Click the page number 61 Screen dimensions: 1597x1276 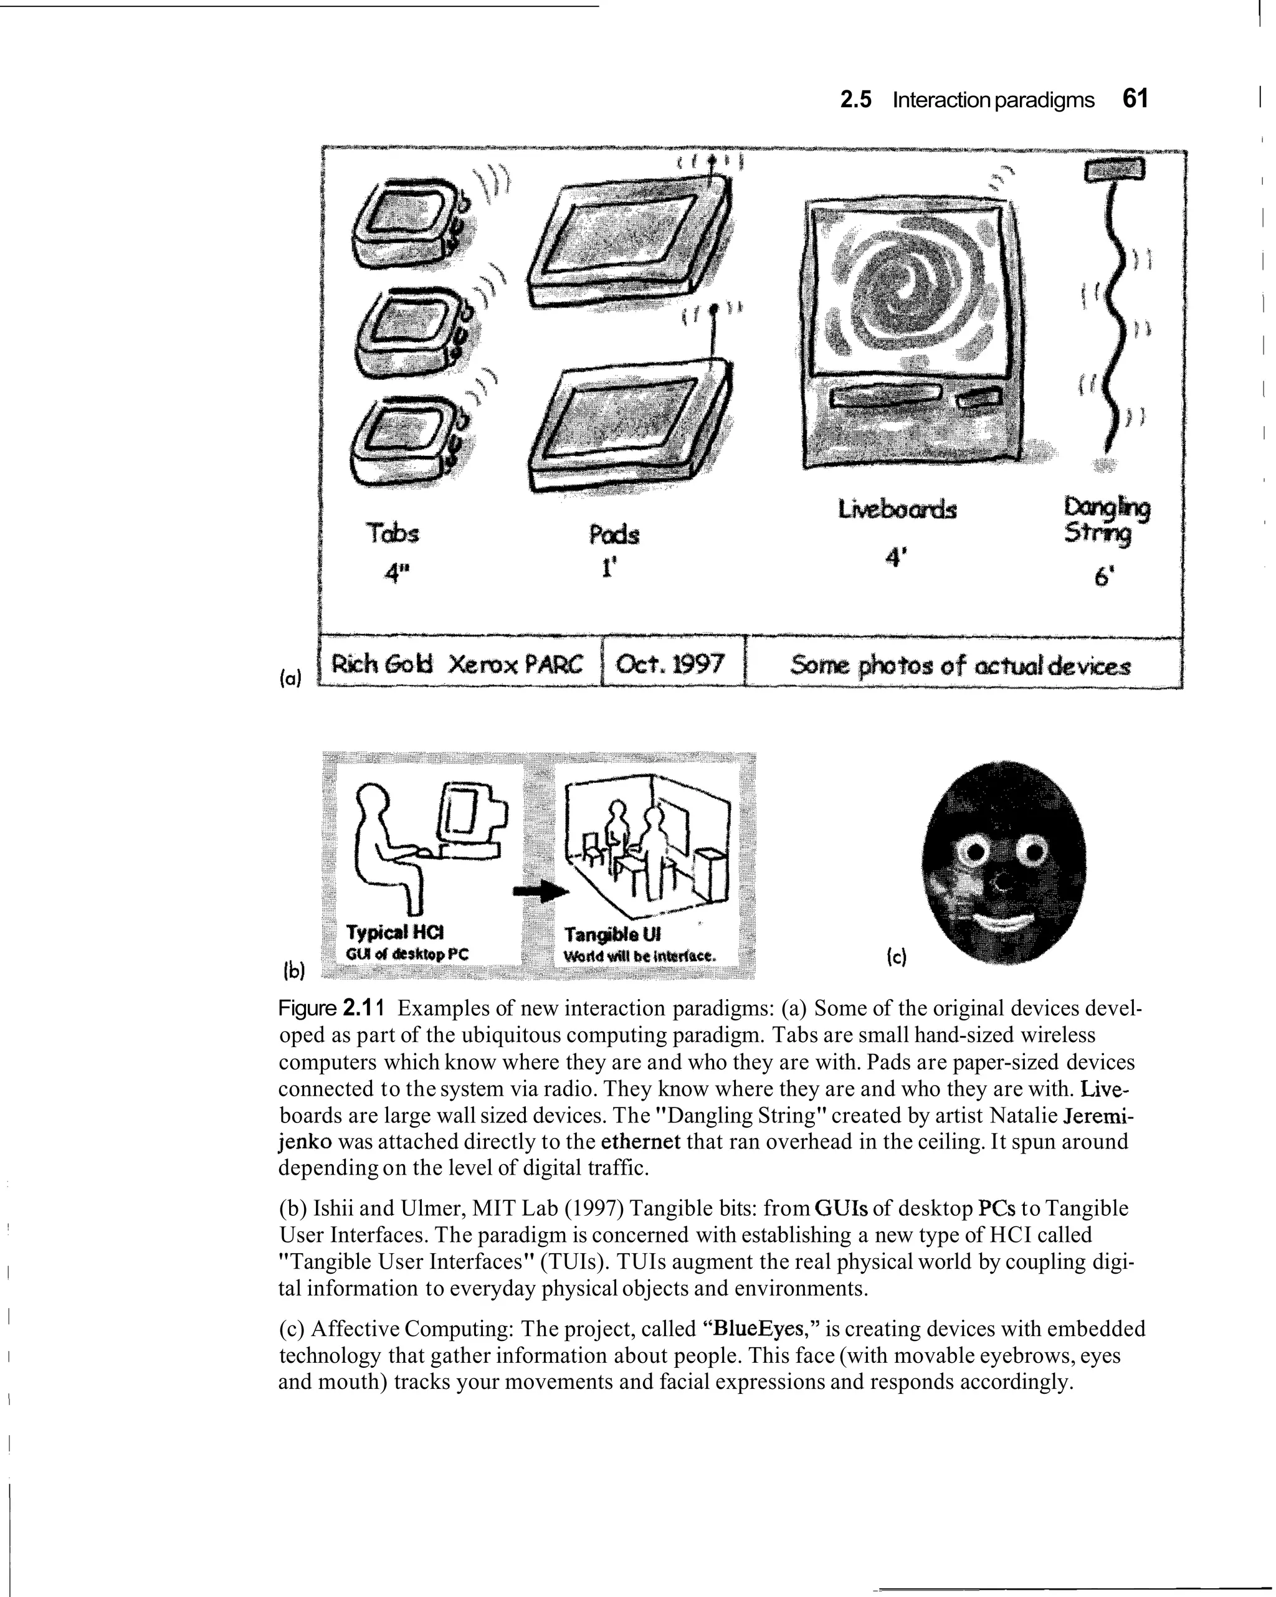pyautogui.click(x=1135, y=98)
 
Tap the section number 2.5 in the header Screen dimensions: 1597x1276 pyautogui.click(x=856, y=100)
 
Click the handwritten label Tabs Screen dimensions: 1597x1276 pyautogui.click(x=392, y=533)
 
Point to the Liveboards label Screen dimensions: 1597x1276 pyautogui.click(x=897, y=510)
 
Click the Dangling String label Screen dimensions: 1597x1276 pyautogui.click(x=1107, y=520)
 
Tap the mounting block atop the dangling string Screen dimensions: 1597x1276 pyautogui.click(x=1115, y=171)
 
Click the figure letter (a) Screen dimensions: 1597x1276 pyautogui.click(x=291, y=678)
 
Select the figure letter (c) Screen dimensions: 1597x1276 pyautogui.click(x=896, y=959)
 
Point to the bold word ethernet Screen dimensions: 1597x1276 pyautogui.click(x=640, y=1142)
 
